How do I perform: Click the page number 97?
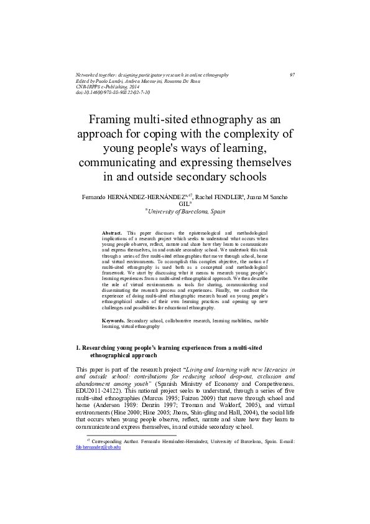pos(292,75)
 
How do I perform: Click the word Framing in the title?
pos(113,119)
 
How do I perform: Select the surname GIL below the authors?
pos(183,204)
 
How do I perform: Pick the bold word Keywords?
pos(114,320)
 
